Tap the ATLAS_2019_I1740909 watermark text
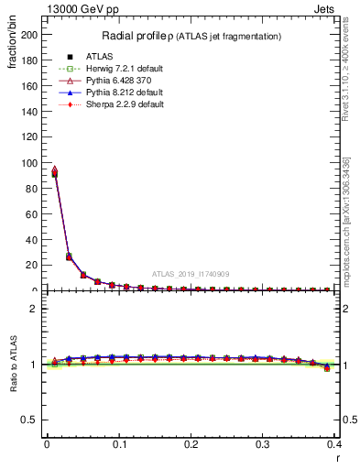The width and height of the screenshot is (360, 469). tap(191, 274)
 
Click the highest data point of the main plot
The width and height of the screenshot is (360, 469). tap(54, 169)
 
